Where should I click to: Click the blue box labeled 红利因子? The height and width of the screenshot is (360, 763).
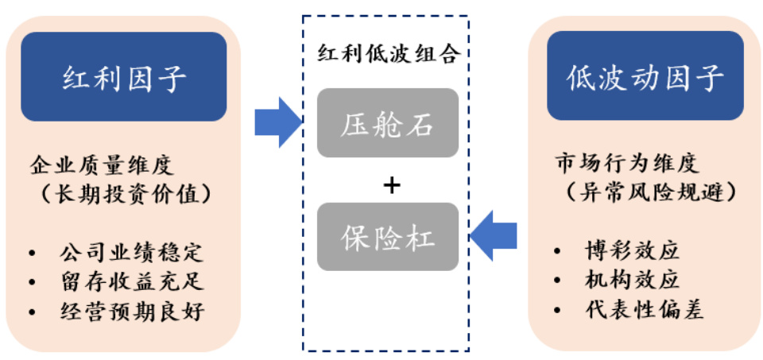(x=124, y=77)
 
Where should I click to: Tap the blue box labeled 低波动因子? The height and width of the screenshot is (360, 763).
(x=645, y=77)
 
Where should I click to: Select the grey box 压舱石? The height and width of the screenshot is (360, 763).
(x=388, y=122)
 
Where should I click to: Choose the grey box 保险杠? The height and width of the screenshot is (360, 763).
(x=388, y=237)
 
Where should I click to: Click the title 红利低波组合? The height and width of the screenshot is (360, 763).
(x=389, y=53)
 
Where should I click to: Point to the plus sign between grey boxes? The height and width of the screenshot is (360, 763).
(x=390, y=185)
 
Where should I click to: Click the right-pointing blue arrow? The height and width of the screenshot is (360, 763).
(x=277, y=123)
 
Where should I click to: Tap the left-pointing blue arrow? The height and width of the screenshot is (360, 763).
(x=494, y=235)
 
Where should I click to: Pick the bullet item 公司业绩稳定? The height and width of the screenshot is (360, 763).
(x=131, y=254)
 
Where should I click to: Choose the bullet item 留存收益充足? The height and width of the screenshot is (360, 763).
(x=131, y=282)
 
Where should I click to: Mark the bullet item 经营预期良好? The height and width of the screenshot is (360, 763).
(x=131, y=311)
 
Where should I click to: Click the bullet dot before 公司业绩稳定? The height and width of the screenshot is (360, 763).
(x=33, y=254)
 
